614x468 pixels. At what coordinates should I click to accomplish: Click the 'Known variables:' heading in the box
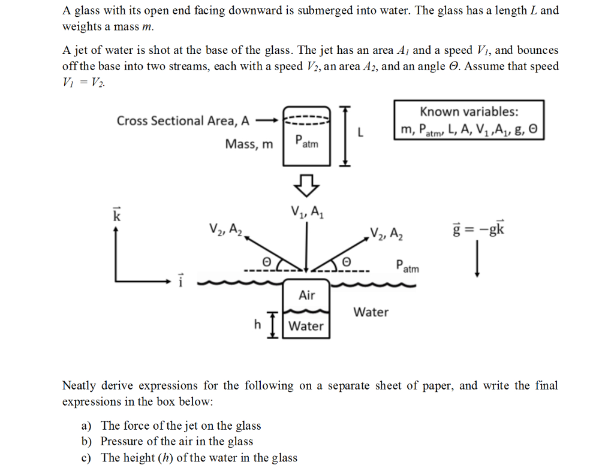click(x=469, y=112)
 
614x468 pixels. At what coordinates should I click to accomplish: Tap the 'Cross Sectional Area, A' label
click(x=183, y=121)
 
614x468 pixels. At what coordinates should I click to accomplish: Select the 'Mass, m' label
click(x=249, y=144)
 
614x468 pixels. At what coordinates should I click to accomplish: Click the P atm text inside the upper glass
click(x=306, y=141)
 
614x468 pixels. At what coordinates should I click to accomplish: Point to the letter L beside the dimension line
click(x=360, y=133)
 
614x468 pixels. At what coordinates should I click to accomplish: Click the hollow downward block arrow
click(x=306, y=185)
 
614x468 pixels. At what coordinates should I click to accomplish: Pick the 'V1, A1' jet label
click(x=307, y=212)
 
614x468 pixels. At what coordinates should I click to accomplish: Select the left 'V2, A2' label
click(x=225, y=230)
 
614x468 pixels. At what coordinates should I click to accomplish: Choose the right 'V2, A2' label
click(x=387, y=234)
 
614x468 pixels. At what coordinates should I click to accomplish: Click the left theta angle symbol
click(x=266, y=262)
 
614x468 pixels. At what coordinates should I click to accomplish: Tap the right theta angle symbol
click(x=347, y=261)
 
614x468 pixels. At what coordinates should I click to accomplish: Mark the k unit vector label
click(x=117, y=214)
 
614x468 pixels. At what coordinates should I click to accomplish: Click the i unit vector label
click(x=180, y=280)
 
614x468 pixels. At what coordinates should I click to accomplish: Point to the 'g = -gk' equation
click(x=478, y=228)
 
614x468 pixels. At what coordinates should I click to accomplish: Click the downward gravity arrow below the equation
click(x=477, y=259)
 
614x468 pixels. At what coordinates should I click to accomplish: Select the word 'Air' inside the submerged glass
click(x=306, y=295)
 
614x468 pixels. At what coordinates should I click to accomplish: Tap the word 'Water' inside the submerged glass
click(x=306, y=326)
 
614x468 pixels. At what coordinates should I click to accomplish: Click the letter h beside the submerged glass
click(x=257, y=324)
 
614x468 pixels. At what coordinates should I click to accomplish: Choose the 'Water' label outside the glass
click(x=371, y=312)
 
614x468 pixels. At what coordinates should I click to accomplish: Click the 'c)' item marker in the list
click(x=86, y=458)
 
